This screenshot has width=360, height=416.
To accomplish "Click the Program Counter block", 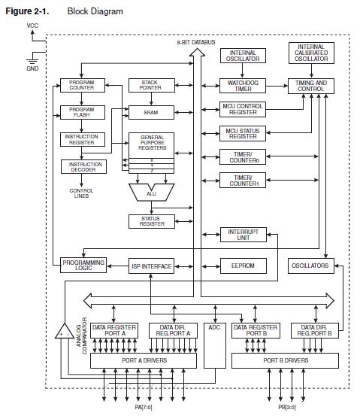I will pyautogui.click(x=82, y=86).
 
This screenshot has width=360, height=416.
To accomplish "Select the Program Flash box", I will pyautogui.click(x=82, y=112).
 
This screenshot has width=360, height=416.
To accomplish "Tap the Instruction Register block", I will pyautogui.click(x=82, y=140).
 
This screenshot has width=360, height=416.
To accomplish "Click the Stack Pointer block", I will pyautogui.click(x=150, y=86).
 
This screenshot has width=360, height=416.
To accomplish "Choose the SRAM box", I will pyautogui.click(x=150, y=112).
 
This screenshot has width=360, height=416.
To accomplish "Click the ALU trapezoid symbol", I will pyautogui.click(x=150, y=193).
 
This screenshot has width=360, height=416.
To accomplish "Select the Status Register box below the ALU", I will pyautogui.click(x=150, y=221).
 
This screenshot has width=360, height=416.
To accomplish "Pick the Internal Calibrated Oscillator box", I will pyautogui.click(x=310, y=53).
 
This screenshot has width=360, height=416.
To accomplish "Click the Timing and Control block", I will pyautogui.click(x=310, y=86).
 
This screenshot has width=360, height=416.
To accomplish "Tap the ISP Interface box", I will pyautogui.click(x=151, y=266).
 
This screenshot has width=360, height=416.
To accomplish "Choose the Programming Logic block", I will pyautogui.click(x=83, y=265).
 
